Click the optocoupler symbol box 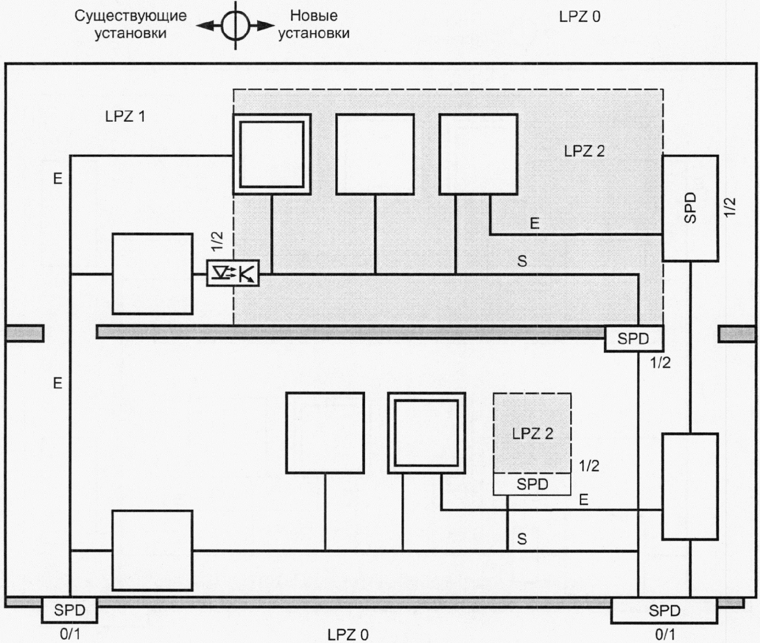coord(233,273)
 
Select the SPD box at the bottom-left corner coord(69,610)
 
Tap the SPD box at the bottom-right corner coord(664,610)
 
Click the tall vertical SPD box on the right coord(690,209)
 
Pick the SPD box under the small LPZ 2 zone coord(532,484)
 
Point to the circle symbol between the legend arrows coord(236,26)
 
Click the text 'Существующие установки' coord(130,24)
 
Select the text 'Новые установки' coord(314,24)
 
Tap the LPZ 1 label coord(125,116)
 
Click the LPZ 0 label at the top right coord(580,17)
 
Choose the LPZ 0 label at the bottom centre coord(348,635)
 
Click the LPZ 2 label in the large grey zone coord(584,151)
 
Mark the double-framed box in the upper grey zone coord(272,154)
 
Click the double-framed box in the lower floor coord(426,433)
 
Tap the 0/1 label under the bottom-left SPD coord(70,634)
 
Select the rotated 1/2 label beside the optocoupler coord(217,241)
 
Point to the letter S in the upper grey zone coord(522,261)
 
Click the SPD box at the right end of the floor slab coord(633,339)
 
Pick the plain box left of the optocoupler coord(153,274)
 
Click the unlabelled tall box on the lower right coord(690,486)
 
